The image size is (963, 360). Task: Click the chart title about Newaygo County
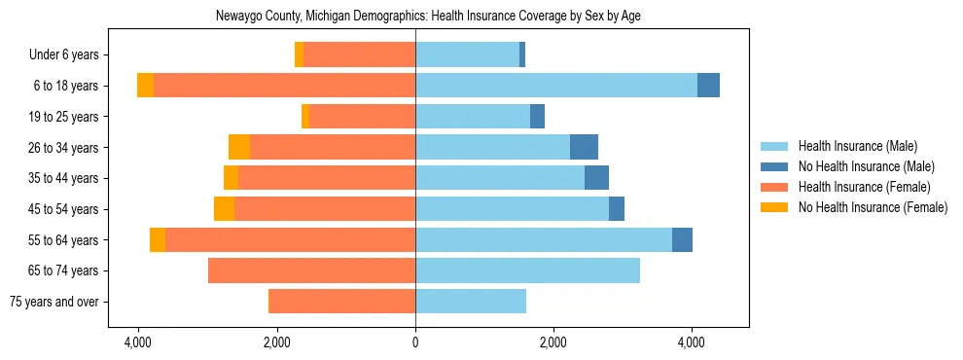coord(415,16)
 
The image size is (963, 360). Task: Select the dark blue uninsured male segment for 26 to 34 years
coord(584,147)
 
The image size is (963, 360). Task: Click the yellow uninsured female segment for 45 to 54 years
coord(224,209)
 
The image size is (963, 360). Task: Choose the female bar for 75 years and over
coord(341,302)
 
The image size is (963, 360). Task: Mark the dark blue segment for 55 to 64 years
coord(682,239)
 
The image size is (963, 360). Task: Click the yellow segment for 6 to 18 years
coord(145,86)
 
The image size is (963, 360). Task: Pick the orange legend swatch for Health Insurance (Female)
coord(775,187)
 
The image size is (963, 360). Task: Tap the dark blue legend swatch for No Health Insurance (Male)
coord(775,166)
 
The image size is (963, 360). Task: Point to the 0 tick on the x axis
coord(415,342)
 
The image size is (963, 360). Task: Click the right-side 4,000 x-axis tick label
coord(692,342)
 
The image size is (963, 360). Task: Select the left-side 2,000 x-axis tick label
coord(277,342)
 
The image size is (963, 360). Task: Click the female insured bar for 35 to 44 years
coord(327,178)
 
